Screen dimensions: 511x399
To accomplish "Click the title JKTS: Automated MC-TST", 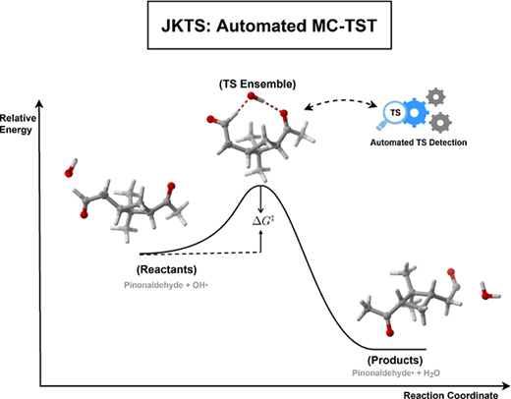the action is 269,26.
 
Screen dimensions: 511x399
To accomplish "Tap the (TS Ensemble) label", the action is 257,85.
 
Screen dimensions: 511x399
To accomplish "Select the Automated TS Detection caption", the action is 419,142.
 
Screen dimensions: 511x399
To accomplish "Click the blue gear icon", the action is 415,113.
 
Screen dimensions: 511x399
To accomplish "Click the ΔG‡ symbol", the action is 263,221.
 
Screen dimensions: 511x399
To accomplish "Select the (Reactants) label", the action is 167,269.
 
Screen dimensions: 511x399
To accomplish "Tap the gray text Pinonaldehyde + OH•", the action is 166,285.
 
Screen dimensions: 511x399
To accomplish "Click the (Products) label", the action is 395,360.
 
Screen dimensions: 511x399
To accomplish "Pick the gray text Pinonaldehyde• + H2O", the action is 396,373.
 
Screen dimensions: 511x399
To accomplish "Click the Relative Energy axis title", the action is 18,124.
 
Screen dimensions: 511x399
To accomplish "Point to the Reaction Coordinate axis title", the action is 451,395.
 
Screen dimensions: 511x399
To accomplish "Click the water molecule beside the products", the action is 489,291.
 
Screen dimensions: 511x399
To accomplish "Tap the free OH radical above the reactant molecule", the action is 71,168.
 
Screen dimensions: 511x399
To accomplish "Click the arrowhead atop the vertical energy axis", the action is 39,103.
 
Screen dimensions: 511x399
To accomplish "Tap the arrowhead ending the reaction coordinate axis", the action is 506,386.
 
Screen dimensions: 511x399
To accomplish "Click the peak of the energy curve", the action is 260,186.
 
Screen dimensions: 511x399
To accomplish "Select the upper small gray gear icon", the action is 436,97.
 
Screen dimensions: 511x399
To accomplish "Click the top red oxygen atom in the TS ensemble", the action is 252,96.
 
